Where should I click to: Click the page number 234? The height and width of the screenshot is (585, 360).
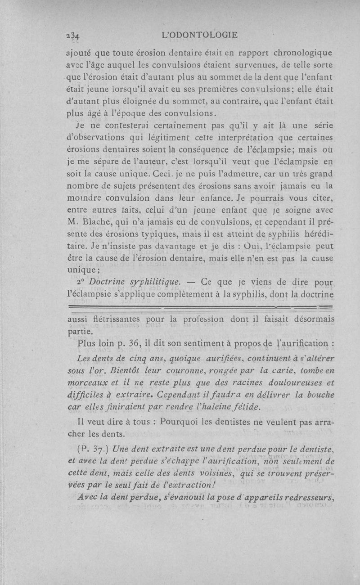tap(72, 35)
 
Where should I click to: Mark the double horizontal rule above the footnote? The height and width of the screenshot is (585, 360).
tap(201, 307)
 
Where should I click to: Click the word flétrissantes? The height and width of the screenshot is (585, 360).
tap(114, 319)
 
